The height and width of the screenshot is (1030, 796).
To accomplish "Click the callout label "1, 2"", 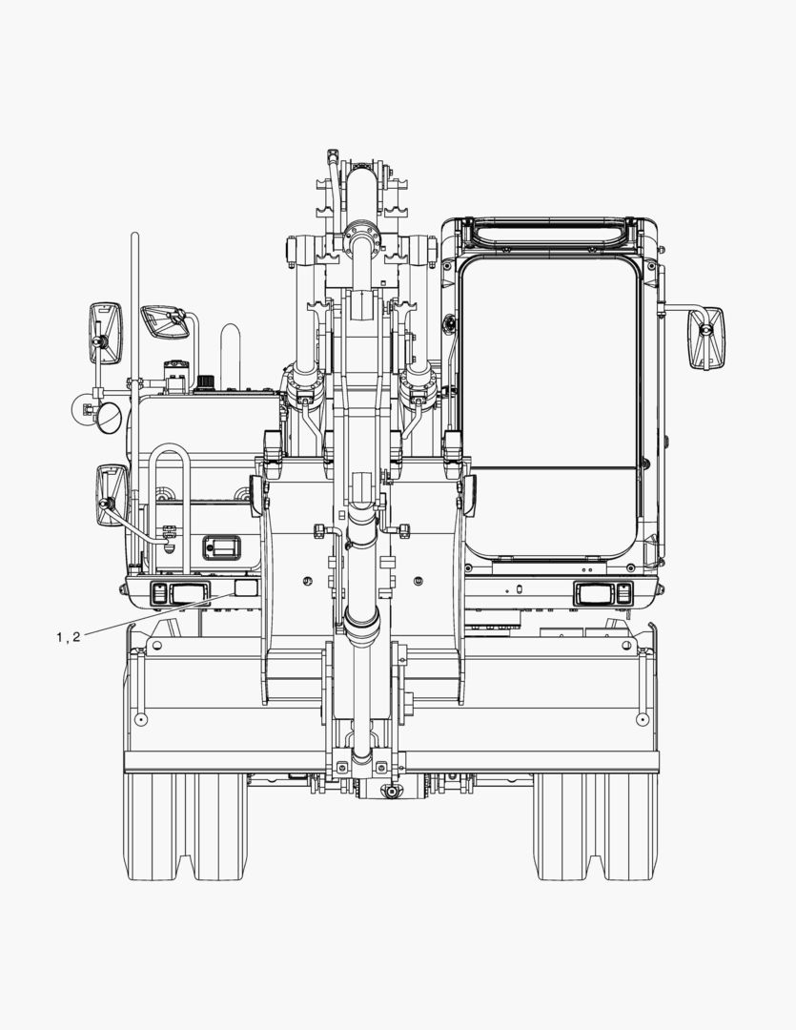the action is (x=69, y=636).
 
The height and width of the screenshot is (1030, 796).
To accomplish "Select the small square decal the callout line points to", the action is (x=246, y=587).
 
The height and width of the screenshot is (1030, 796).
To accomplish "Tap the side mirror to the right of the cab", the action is (x=706, y=338).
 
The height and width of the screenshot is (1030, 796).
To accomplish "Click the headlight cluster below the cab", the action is (x=602, y=594).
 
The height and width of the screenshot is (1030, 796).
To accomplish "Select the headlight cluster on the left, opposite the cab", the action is (x=179, y=594).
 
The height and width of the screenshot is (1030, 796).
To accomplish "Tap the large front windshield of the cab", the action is (x=549, y=407).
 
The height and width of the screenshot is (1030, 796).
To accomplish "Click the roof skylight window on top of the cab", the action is (x=549, y=233).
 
